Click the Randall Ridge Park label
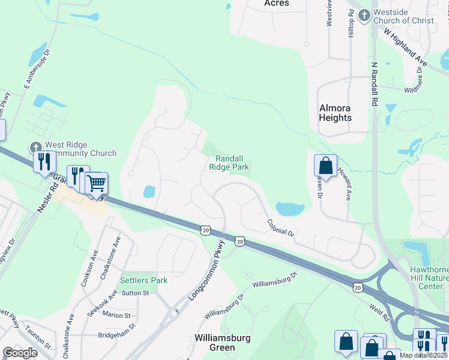pos(229,163)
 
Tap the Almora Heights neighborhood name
pos(335,113)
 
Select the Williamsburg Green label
pos(222,343)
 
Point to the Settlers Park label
pos(143,280)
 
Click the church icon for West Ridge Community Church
pos(36,147)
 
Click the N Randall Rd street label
pos(374,85)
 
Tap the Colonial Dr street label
pos(280,227)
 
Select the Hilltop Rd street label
pos(351,24)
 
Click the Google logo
pos(20,352)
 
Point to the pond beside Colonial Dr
pos(289,209)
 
